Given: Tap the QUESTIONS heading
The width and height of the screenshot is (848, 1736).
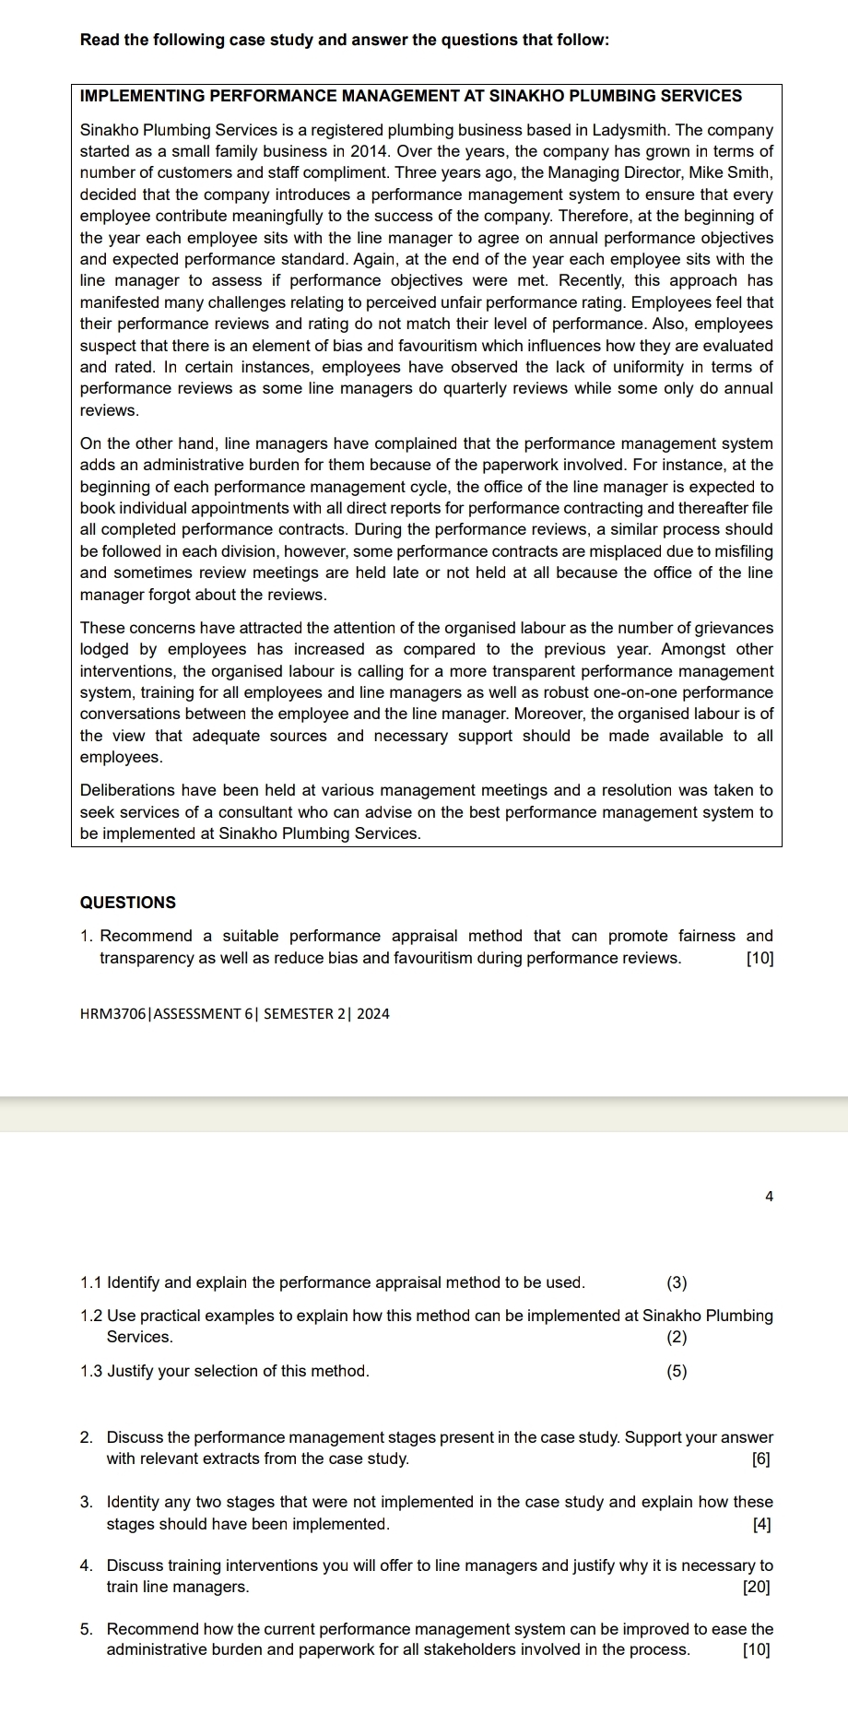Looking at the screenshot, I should (x=128, y=903).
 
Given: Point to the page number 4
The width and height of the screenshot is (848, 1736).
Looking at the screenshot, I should (x=770, y=1197).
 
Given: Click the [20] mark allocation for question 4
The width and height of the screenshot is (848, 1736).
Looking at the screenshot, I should (x=758, y=1588).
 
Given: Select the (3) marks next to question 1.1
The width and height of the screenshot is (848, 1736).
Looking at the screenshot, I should (x=677, y=1282).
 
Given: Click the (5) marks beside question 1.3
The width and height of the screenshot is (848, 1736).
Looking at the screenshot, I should (x=677, y=1371).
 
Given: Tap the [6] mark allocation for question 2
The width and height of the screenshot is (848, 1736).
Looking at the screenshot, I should (x=761, y=1459).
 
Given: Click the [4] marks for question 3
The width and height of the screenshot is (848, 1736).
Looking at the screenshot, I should (x=761, y=1524).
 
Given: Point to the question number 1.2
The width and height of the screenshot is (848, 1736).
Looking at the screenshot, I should (x=91, y=1316).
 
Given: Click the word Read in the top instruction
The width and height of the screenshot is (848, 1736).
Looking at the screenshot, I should (x=98, y=40).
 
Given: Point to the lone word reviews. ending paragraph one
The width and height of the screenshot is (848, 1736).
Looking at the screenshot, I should (x=110, y=410).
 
